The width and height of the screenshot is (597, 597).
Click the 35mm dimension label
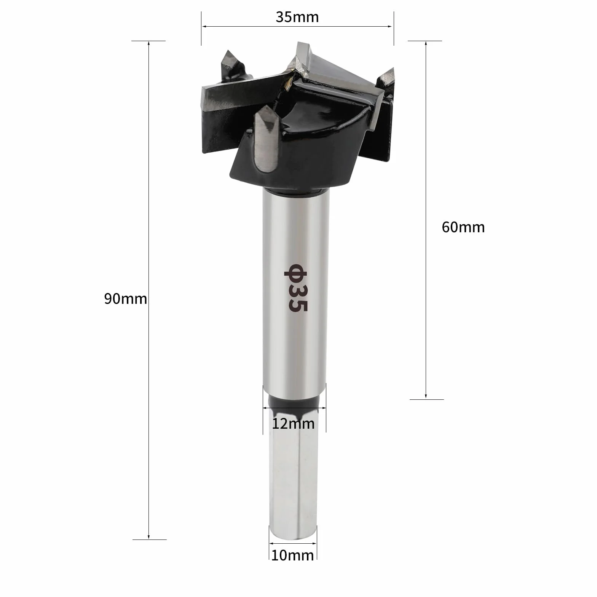(297, 18)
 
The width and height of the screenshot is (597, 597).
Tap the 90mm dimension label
(126, 299)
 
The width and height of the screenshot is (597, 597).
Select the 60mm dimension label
(463, 227)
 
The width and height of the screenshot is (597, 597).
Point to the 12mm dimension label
(293, 423)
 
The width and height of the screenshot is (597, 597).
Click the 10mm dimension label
(292, 555)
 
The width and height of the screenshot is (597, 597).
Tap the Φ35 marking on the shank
(295, 288)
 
